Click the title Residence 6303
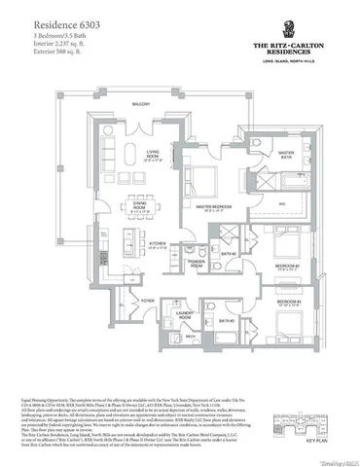coord(67,18)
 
